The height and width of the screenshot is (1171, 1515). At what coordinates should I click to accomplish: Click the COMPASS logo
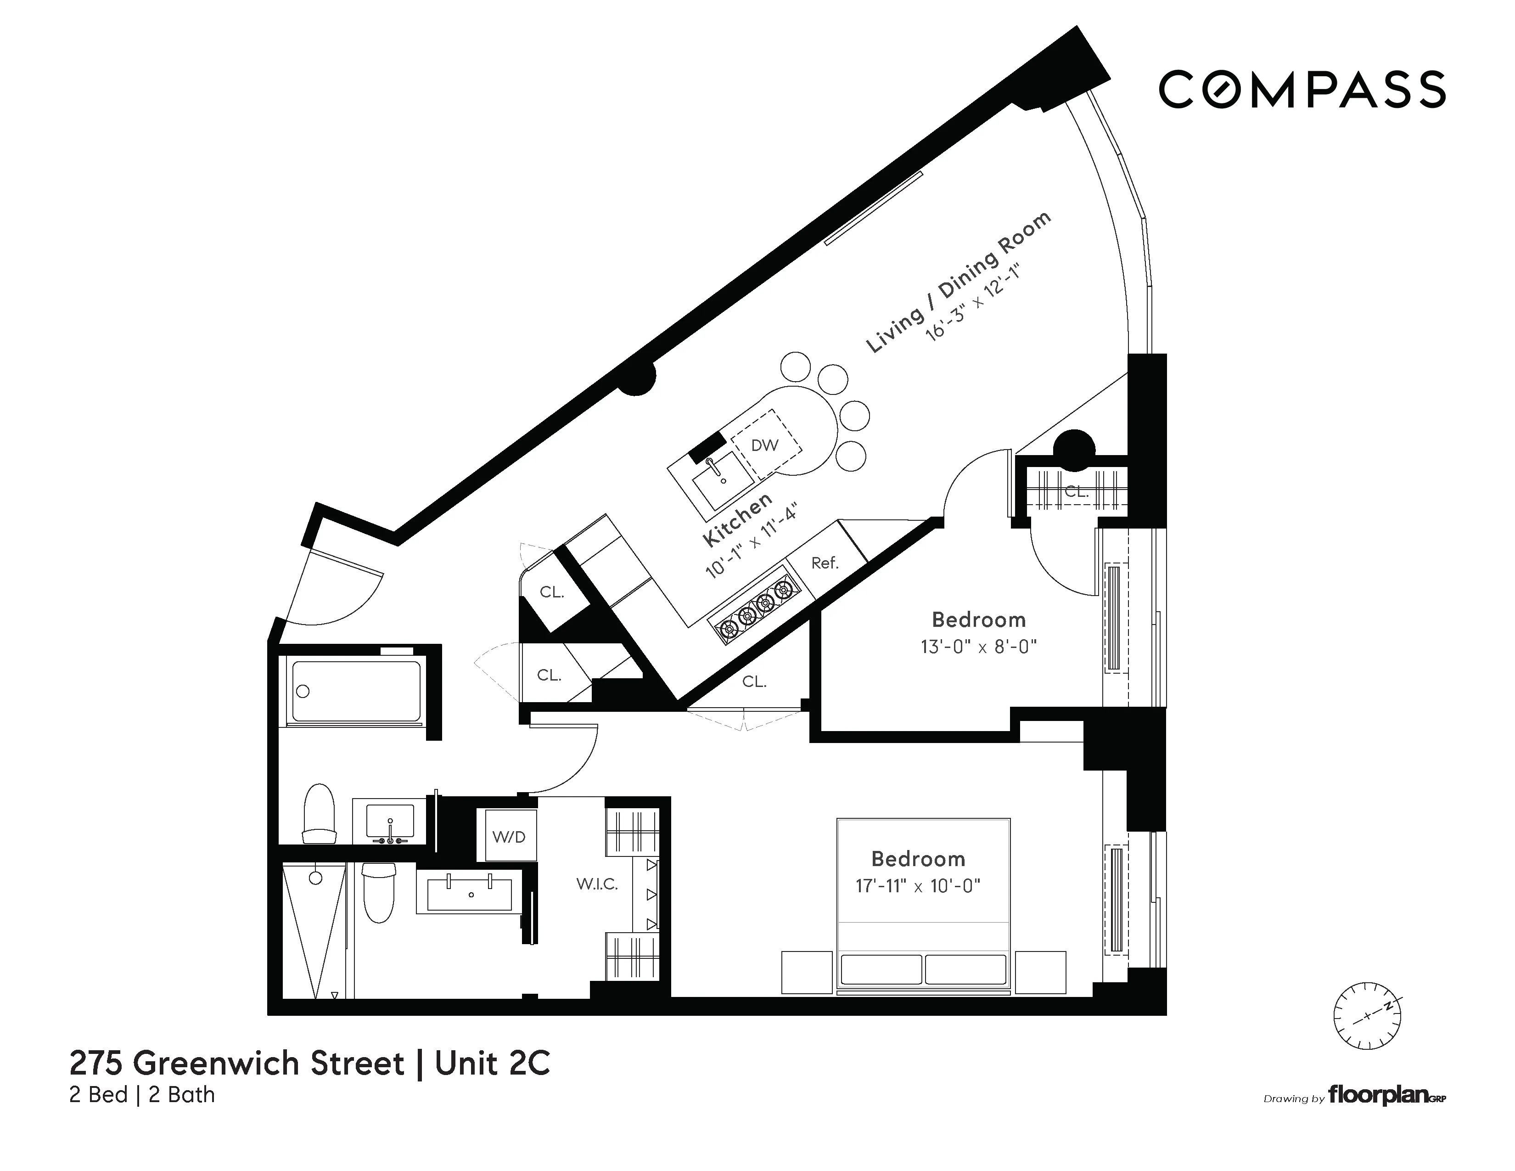click(1302, 90)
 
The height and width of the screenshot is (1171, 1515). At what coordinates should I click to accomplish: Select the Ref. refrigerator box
click(825, 562)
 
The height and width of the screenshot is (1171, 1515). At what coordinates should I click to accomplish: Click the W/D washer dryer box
click(509, 837)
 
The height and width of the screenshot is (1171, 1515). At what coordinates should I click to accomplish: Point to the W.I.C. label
click(596, 884)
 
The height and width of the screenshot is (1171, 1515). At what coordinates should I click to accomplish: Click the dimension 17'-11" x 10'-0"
click(918, 886)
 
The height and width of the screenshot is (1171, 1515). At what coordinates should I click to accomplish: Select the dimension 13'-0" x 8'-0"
click(978, 647)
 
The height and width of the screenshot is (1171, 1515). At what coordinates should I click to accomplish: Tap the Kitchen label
click(737, 519)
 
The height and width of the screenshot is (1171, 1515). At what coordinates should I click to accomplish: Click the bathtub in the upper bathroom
click(356, 691)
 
